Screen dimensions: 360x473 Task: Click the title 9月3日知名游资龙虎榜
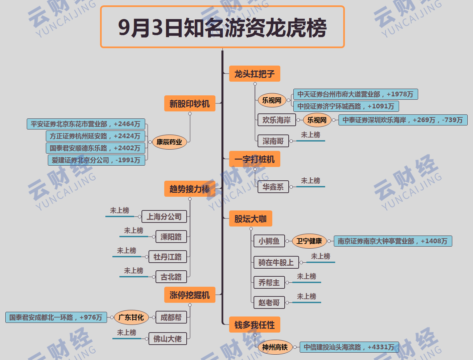222,27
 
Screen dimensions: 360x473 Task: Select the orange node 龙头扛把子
254,74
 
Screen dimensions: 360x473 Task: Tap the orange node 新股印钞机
189,104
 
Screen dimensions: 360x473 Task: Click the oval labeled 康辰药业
169,142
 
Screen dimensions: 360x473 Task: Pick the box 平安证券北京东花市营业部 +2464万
86,124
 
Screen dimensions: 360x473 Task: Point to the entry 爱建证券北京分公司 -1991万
96,160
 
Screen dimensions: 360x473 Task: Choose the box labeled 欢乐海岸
277,120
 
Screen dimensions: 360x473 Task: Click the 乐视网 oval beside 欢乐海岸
317,120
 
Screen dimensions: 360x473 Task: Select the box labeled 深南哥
273,141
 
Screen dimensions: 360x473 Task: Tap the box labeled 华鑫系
273,187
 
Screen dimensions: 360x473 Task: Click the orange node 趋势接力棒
189,189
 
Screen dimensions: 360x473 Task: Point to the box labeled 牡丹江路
168,257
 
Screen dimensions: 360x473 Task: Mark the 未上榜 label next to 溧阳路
133,231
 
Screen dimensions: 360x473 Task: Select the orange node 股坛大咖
250,219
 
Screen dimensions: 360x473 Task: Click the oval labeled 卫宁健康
309,241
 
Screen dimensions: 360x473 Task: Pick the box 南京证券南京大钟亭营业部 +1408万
393,241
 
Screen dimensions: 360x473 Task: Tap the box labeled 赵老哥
269,302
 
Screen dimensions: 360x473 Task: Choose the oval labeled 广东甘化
131,317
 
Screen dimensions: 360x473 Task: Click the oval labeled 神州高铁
275,347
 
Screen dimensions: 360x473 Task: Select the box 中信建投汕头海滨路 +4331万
349,347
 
